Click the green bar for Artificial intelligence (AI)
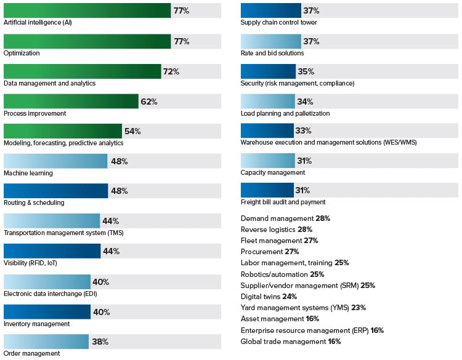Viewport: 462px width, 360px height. point(87,10)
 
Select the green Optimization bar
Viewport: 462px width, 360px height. point(87,41)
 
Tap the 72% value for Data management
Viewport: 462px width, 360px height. point(171,71)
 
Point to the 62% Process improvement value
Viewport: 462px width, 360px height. point(148,102)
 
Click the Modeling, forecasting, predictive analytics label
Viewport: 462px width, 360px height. point(63,143)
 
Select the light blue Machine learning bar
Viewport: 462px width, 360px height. point(55,161)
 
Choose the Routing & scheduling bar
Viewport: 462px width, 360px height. point(55,191)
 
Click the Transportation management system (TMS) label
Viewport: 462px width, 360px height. point(55,233)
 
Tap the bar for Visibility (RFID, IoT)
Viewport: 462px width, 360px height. point(52,251)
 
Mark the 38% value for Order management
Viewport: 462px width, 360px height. point(100,342)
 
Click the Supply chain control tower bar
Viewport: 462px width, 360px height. point(270,10)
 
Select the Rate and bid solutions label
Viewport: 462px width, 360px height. point(272,53)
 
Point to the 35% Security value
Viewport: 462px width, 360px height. point(305,71)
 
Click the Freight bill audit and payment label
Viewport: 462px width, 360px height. point(283,202)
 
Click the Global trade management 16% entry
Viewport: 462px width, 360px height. point(290,342)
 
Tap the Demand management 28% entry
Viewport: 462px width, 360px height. point(285,218)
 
